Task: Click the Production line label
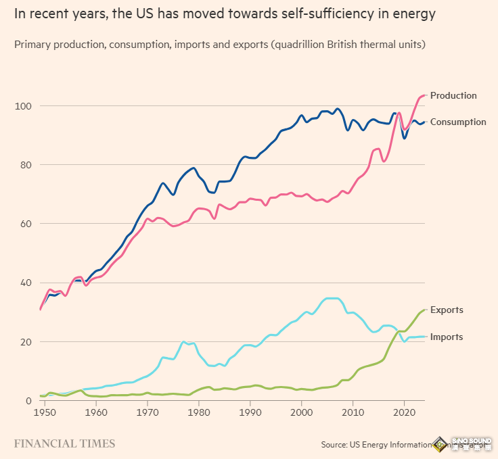click(x=453, y=95)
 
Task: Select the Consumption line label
click(x=458, y=122)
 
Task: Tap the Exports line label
click(x=447, y=310)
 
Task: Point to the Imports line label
click(x=447, y=337)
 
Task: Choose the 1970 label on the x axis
click(x=148, y=412)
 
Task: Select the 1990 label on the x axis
click(x=250, y=412)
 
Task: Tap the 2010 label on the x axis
click(x=353, y=412)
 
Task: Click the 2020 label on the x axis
click(x=405, y=412)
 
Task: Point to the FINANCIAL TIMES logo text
click(x=65, y=444)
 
